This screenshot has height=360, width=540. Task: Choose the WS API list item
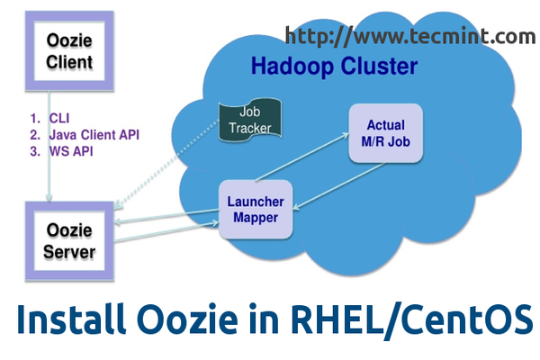71,151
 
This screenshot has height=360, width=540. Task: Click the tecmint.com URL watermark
410,36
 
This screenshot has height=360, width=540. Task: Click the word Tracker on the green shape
245,128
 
